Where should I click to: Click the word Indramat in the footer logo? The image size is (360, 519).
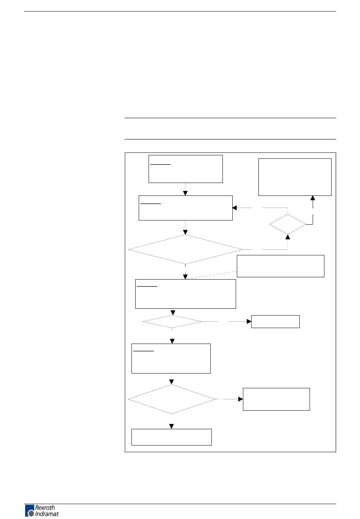pyautogui.click(x=47, y=514)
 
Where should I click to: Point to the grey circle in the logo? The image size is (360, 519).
pyautogui.click(x=31, y=513)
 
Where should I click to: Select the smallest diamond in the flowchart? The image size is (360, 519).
pyautogui.click(x=288, y=224)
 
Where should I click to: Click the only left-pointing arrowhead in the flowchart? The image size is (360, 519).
pyautogui.click(x=235, y=208)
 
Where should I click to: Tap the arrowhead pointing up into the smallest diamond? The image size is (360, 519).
pyautogui.click(x=288, y=237)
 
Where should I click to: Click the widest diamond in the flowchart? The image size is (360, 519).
pyautogui.click(x=185, y=249)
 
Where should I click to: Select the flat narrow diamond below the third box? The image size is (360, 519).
pyautogui.click(x=172, y=322)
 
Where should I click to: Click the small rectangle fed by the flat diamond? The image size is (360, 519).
pyautogui.click(x=275, y=322)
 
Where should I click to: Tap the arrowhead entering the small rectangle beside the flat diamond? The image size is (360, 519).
pyautogui.click(x=249, y=322)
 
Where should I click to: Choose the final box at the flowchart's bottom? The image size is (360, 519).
pyautogui.click(x=171, y=437)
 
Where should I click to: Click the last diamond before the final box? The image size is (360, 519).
pyautogui.click(x=172, y=399)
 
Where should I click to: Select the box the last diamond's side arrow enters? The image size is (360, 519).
pyautogui.click(x=276, y=399)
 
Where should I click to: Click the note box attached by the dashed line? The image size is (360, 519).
pyautogui.click(x=280, y=266)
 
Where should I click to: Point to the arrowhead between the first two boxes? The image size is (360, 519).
pyautogui.click(x=185, y=193)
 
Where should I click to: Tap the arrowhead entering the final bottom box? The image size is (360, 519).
pyautogui.click(x=172, y=427)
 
